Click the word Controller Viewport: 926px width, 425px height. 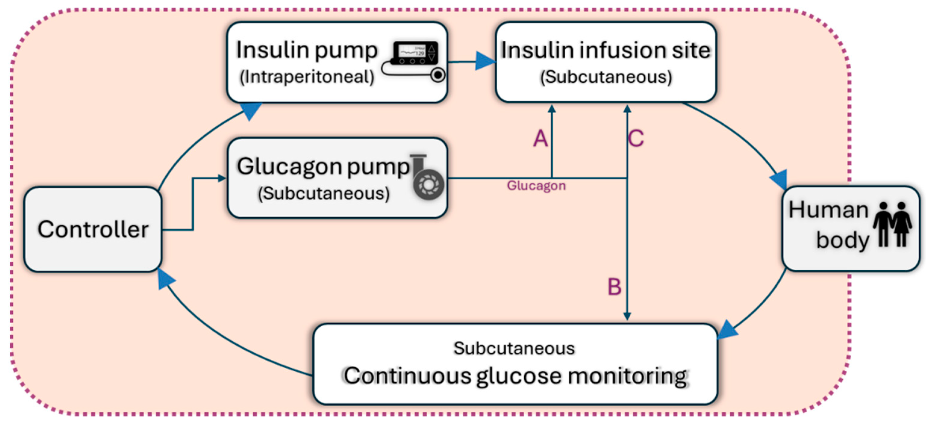93,229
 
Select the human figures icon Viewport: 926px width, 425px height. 892,225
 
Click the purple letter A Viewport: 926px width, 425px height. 540,139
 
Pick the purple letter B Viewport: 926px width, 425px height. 614,287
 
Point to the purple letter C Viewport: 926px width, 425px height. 636,139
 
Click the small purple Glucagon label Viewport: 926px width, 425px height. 536,186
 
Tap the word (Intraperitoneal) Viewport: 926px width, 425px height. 307,77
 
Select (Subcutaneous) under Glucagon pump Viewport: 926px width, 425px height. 323,193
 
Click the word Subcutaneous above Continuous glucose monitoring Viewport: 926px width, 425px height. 514,348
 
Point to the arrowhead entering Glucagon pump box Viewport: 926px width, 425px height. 222,178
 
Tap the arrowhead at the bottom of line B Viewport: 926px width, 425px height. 627,316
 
